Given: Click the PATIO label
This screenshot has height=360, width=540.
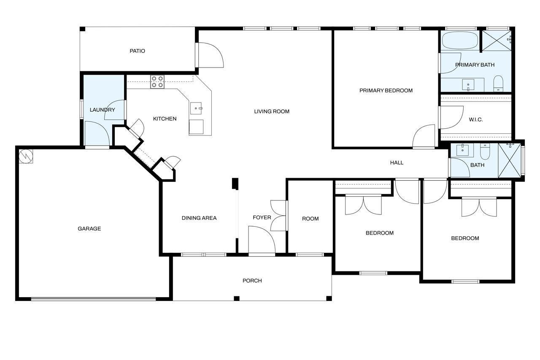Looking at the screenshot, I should point(137,51).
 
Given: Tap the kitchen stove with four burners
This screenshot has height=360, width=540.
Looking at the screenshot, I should point(158,81).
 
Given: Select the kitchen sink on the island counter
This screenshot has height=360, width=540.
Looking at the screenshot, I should point(196,108).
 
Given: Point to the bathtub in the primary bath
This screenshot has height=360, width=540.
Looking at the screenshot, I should point(460,41).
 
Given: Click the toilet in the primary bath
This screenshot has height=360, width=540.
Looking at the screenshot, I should point(499,84).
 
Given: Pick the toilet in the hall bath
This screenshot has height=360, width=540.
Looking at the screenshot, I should point(485,151).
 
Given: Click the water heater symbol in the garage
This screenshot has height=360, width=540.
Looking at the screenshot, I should point(26,156).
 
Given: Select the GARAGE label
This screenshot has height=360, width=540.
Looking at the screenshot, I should point(89,229).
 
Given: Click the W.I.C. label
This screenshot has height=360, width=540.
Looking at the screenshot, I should point(475,120).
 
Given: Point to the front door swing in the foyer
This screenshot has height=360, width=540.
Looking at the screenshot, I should point(262,241).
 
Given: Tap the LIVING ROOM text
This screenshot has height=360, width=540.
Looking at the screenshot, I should point(272,111).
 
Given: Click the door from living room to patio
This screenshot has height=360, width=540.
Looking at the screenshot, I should point(210,55).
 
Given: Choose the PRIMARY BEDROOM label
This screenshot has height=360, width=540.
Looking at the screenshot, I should point(386,90).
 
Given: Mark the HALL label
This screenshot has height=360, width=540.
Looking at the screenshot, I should point(397,162).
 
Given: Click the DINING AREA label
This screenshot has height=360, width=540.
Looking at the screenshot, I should point(199,218).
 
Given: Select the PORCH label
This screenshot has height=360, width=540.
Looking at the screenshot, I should point(252,281).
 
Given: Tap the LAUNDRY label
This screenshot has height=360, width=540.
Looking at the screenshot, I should point(102,110).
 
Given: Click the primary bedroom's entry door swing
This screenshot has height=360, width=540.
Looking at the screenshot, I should point(424,136).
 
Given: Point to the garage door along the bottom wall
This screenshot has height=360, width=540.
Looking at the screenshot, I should point(94,299).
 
